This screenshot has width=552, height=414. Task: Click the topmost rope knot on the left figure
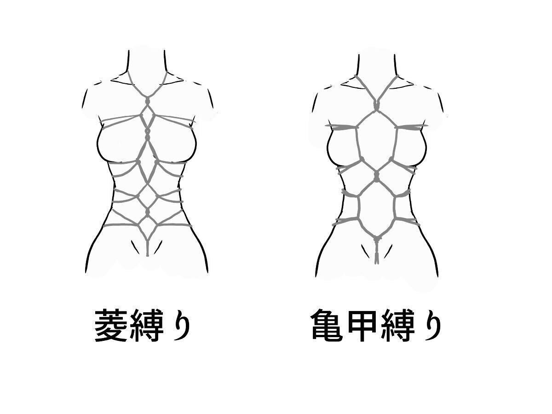click(148, 102)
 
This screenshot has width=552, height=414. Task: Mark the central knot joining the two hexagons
click(376, 177)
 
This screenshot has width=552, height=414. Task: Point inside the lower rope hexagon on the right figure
click(376, 209)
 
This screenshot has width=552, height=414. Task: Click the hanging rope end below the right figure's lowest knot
click(376, 254)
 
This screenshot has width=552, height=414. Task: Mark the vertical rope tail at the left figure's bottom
click(147, 247)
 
